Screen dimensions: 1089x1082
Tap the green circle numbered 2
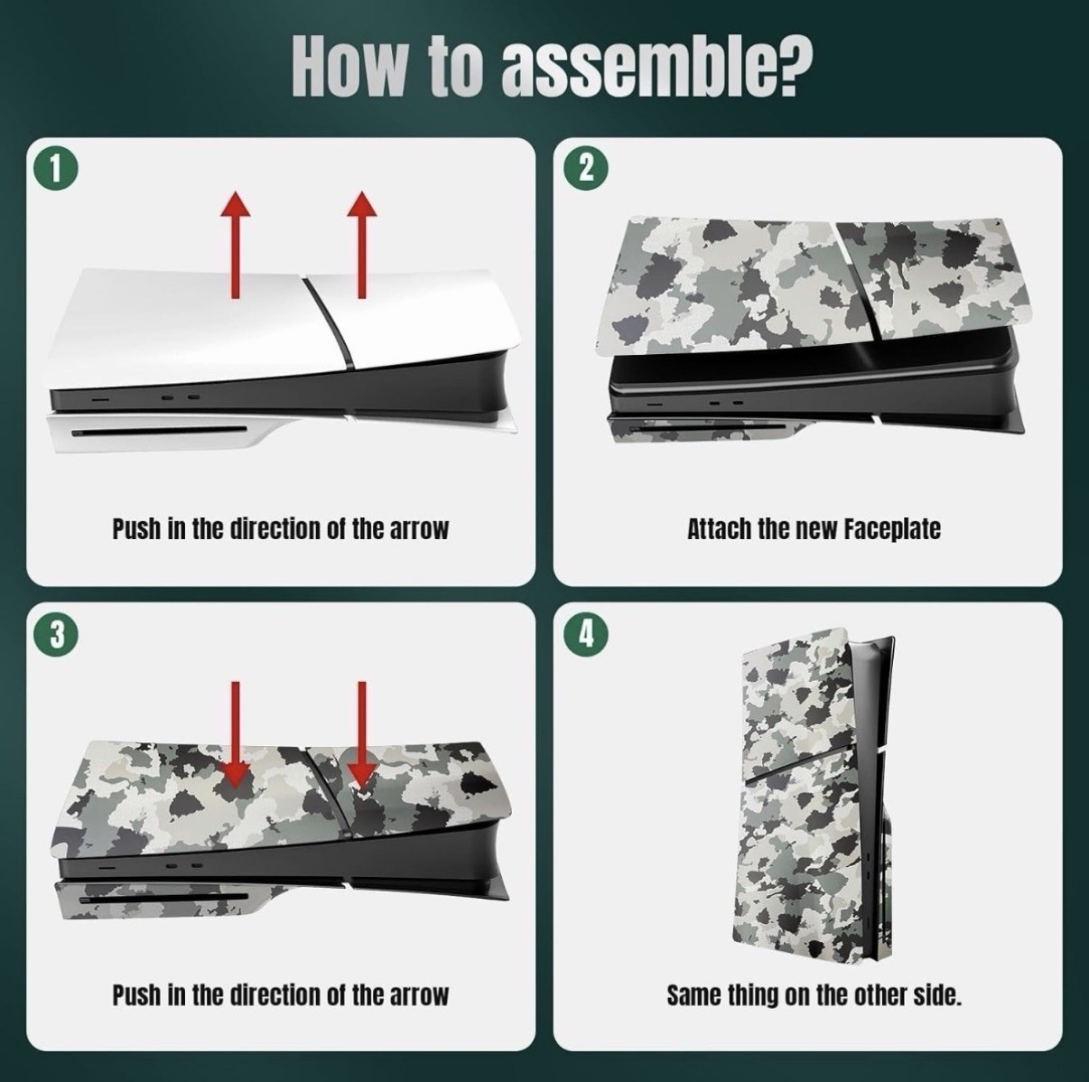click(x=586, y=168)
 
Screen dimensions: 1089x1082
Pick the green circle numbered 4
click(x=586, y=635)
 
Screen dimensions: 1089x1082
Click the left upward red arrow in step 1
click(x=235, y=244)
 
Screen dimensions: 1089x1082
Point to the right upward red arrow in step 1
click(x=362, y=244)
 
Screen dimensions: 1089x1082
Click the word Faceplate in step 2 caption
click(x=892, y=529)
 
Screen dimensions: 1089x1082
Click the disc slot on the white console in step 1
click(x=159, y=433)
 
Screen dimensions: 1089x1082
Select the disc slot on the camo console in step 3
click(x=163, y=898)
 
